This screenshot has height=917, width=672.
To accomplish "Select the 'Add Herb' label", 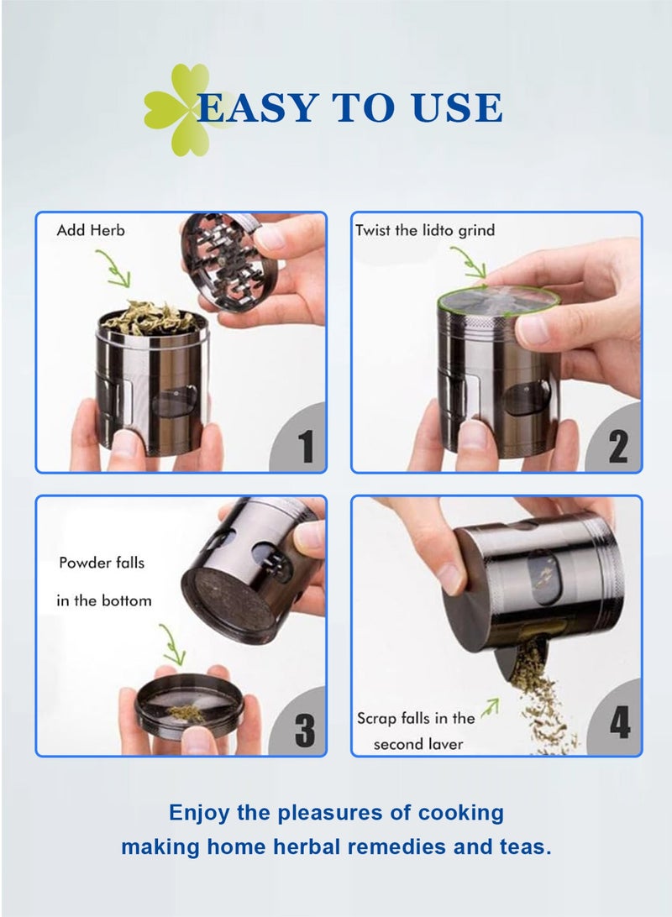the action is coord(91,230).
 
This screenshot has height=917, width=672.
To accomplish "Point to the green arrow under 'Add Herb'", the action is coord(114,268).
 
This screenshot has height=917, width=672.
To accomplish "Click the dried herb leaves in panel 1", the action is coord(149,318).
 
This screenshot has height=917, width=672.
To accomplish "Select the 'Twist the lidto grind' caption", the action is coord(425,230).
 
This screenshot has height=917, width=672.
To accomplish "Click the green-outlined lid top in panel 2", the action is coord(498,300).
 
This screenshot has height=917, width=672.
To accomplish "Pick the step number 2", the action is coord(617,447).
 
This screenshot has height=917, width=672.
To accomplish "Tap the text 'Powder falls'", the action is coord(102,563).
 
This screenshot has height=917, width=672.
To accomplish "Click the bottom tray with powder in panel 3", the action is coord(190,705).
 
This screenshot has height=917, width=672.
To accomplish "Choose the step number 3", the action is coord(305,729).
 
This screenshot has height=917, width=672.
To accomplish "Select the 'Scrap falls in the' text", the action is coord(416,718).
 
